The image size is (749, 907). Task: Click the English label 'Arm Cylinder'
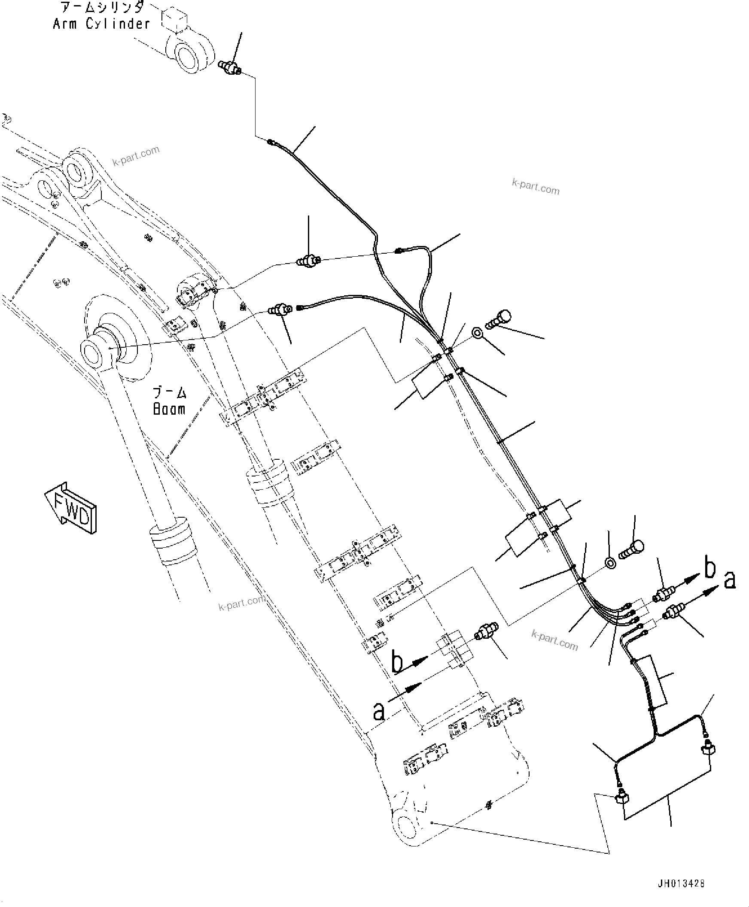tap(101, 24)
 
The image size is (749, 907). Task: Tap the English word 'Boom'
tap(169, 409)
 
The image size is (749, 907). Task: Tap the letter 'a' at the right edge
tap(730, 579)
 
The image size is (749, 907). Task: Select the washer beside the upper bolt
tap(478, 333)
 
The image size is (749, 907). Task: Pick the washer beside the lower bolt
tap(611, 563)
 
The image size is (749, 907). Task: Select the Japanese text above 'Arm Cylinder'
tap(102, 7)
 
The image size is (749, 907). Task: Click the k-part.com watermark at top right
tap(536, 187)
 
